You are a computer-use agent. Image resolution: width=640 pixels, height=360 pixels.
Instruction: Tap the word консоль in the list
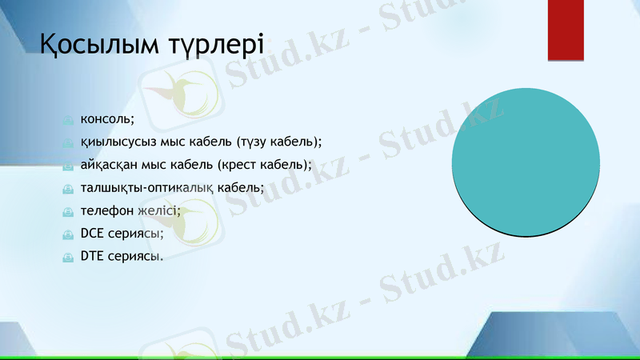(106, 119)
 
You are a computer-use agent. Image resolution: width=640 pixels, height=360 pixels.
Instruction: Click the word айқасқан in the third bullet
(110, 165)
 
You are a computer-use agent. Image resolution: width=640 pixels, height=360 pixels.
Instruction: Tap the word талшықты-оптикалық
(148, 188)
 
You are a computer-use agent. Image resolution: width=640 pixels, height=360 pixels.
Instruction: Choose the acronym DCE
(92, 234)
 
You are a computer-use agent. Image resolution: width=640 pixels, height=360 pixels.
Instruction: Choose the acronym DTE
(92, 257)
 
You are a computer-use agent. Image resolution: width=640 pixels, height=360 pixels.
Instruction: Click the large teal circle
(526, 162)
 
